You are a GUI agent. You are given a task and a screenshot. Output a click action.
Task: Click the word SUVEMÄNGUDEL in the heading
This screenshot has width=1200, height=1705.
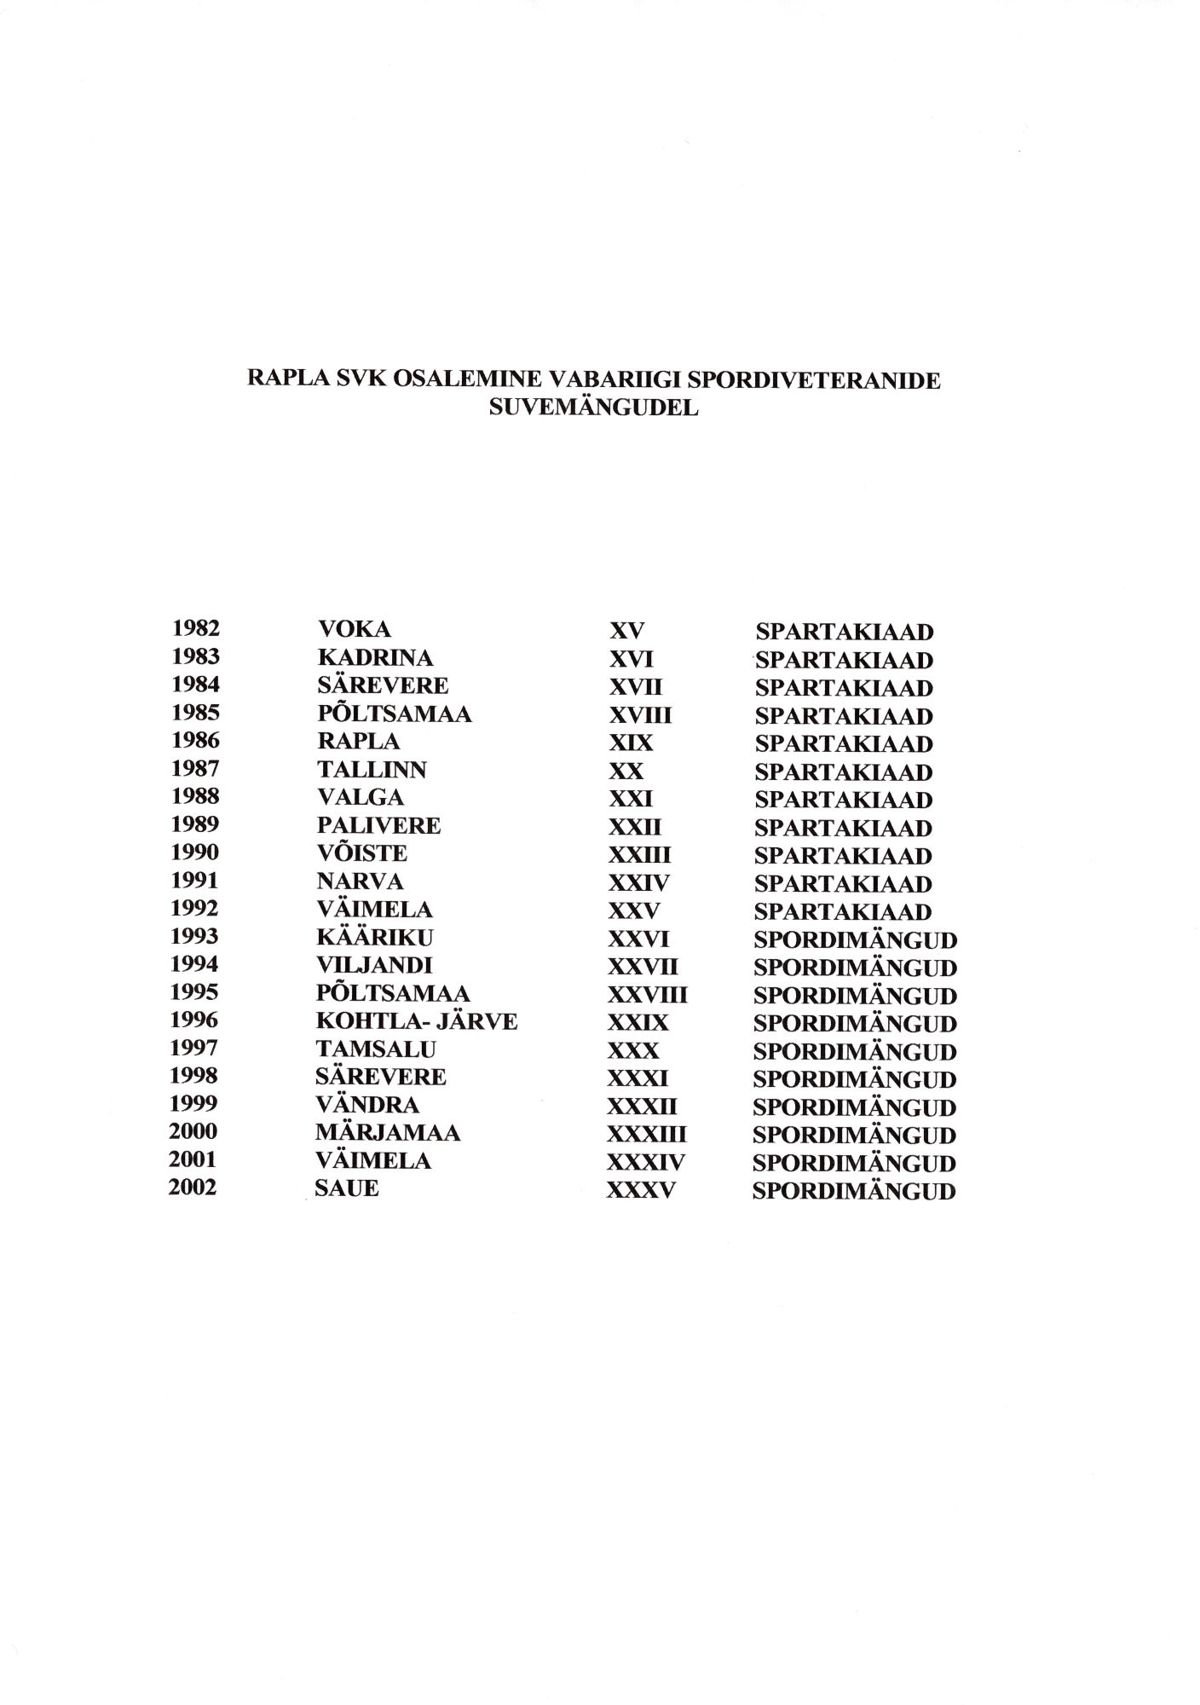pyautogui.click(x=593, y=407)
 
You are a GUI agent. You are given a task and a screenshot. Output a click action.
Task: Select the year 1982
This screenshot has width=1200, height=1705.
pyautogui.click(x=195, y=629)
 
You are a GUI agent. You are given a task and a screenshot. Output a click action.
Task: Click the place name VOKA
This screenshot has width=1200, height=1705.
pyautogui.click(x=354, y=630)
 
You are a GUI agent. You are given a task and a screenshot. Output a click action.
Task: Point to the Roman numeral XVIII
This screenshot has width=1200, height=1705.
pyautogui.click(x=639, y=715)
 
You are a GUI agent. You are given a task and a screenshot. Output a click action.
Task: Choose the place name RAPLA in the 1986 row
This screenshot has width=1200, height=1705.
pyautogui.click(x=358, y=742)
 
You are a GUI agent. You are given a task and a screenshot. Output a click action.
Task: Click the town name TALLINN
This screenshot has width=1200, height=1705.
pyautogui.click(x=372, y=770)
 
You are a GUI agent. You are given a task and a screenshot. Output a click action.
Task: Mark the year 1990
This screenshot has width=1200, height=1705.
pyautogui.click(x=194, y=852)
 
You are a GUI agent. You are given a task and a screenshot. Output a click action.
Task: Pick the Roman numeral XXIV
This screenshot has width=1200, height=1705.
pyautogui.click(x=638, y=883)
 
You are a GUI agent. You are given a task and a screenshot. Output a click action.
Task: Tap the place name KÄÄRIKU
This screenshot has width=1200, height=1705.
pyautogui.click(x=374, y=938)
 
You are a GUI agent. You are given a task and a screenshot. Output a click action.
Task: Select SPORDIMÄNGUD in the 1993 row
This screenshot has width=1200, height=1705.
pyautogui.click(x=855, y=941)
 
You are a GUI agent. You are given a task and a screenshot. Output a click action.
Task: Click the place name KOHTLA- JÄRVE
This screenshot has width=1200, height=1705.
pyautogui.click(x=417, y=1021)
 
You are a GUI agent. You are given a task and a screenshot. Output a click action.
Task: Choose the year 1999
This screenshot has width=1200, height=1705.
pyautogui.click(x=193, y=1104)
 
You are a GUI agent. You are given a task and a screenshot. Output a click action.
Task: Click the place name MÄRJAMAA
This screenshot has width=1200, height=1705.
pyautogui.click(x=388, y=1133)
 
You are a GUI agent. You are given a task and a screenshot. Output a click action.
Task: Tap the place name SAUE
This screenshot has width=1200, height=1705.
pyautogui.click(x=346, y=1188)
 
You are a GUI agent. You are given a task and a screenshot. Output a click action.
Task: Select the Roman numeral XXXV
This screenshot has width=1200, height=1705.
pyautogui.click(x=640, y=1190)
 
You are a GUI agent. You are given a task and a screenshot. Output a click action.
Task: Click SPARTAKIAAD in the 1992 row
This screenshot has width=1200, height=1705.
pyautogui.click(x=843, y=912)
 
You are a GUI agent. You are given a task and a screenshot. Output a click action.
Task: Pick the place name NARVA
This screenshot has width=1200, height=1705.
pyautogui.click(x=360, y=881)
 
